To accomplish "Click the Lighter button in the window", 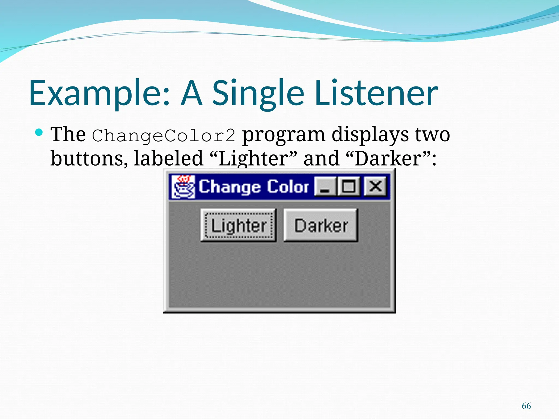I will tap(239, 225).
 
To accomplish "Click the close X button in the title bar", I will tap(375, 187).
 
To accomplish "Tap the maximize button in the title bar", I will tap(349, 187).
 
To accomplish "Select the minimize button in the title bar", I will tap(325, 187).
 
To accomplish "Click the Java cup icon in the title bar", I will tap(183, 187).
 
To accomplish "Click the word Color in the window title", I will tap(288, 187).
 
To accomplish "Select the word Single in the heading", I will tap(258, 93).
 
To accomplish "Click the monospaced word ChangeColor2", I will tap(163, 135).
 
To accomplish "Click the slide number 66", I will tap(526, 406).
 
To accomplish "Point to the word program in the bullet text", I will tap(284, 135).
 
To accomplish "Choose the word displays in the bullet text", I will tap(370, 135).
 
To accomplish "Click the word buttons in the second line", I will tap(89, 158).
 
